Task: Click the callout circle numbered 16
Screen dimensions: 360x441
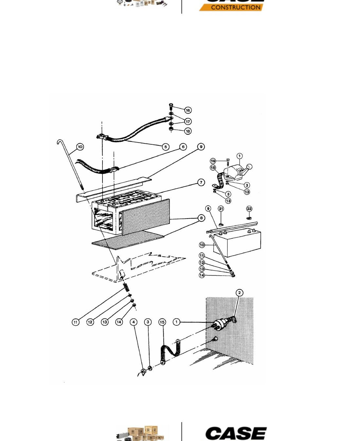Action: [188, 110]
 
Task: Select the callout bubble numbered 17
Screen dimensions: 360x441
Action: [188, 121]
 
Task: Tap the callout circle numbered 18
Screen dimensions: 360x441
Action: [188, 131]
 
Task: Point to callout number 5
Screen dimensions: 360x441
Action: [166, 147]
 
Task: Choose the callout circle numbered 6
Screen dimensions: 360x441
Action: [183, 147]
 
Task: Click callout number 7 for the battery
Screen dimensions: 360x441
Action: [201, 182]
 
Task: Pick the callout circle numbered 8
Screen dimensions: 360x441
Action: [201, 218]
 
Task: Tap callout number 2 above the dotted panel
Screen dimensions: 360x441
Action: [240, 293]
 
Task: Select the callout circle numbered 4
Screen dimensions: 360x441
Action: [134, 322]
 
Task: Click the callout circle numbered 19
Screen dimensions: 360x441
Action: [213, 161]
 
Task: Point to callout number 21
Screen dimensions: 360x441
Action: [221, 208]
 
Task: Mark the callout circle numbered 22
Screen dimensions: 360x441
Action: [249, 209]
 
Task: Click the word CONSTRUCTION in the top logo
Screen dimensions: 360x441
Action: [236, 7]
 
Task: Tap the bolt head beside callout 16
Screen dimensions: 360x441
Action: [171, 105]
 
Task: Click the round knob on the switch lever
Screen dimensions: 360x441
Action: [249, 167]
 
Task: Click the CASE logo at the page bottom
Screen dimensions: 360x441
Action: [236, 433]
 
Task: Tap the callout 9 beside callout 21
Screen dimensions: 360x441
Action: [208, 208]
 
